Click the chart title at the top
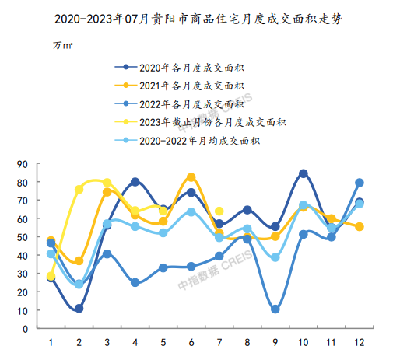[x=198, y=19]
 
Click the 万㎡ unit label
[x=63, y=45]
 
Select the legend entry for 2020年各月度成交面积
[x=179, y=68]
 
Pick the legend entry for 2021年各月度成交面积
[x=179, y=86]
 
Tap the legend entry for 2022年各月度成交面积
[x=179, y=104]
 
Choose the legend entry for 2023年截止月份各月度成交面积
[x=200, y=122]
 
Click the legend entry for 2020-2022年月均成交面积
[x=188, y=141]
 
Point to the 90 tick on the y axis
[x=23, y=164]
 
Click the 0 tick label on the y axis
[x=25, y=329]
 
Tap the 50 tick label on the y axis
[x=23, y=237]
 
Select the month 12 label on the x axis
[x=360, y=343]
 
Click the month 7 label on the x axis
[x=219, y=343]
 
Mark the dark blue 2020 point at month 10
[x=304, y=173]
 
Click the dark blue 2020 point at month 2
[x=79, y=309]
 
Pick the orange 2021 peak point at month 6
[x=191, y=177]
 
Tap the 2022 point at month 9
[x=275, y=309]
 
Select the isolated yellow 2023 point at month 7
[x=219, y=211]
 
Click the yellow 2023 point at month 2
[x=79, y=190]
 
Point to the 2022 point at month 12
[x=360, y=183]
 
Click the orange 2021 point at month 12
[x=360, y=227]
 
